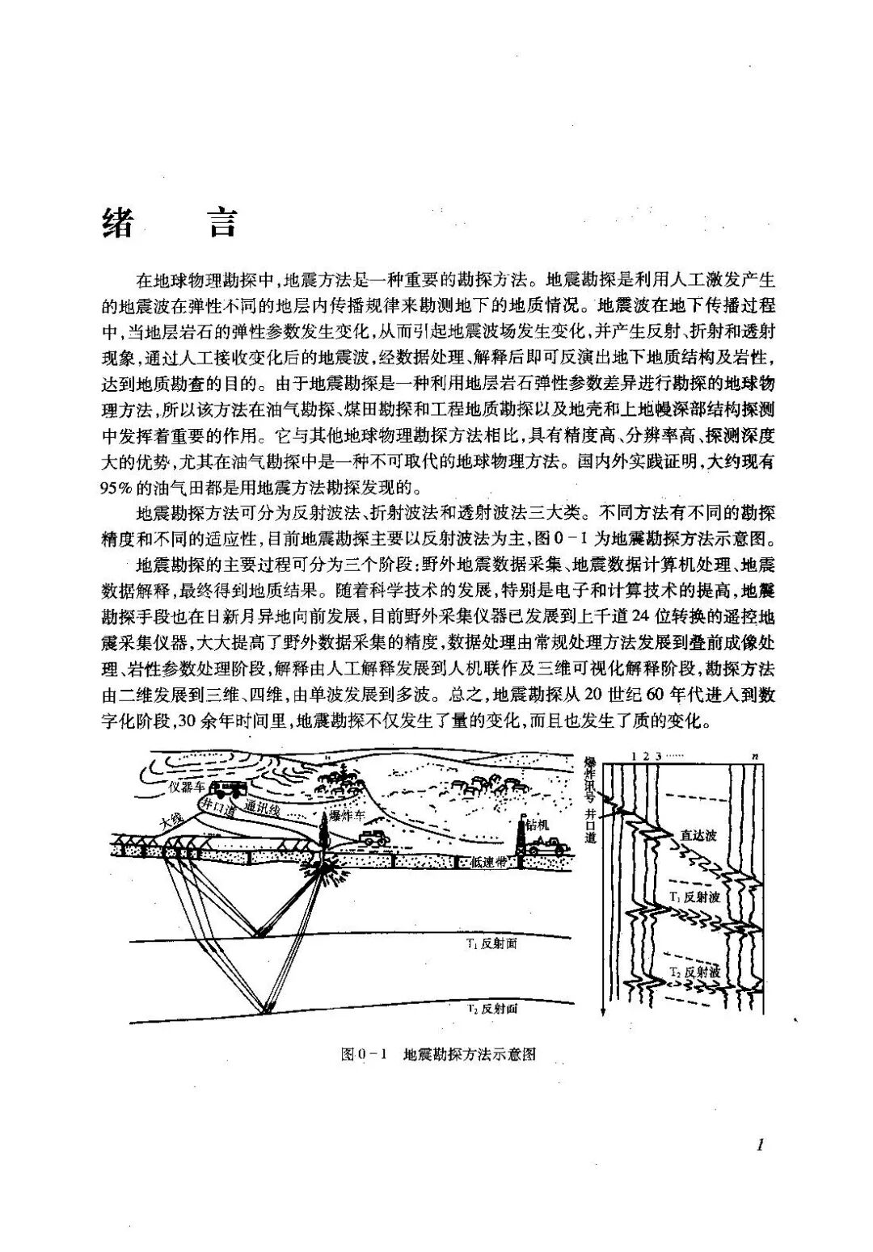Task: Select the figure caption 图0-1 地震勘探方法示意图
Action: tap(440, 1054)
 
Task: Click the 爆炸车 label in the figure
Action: tap(348, 817)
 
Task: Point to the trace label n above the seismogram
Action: tap(753, 755)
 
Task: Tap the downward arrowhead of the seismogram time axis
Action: tap(603, 1013)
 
